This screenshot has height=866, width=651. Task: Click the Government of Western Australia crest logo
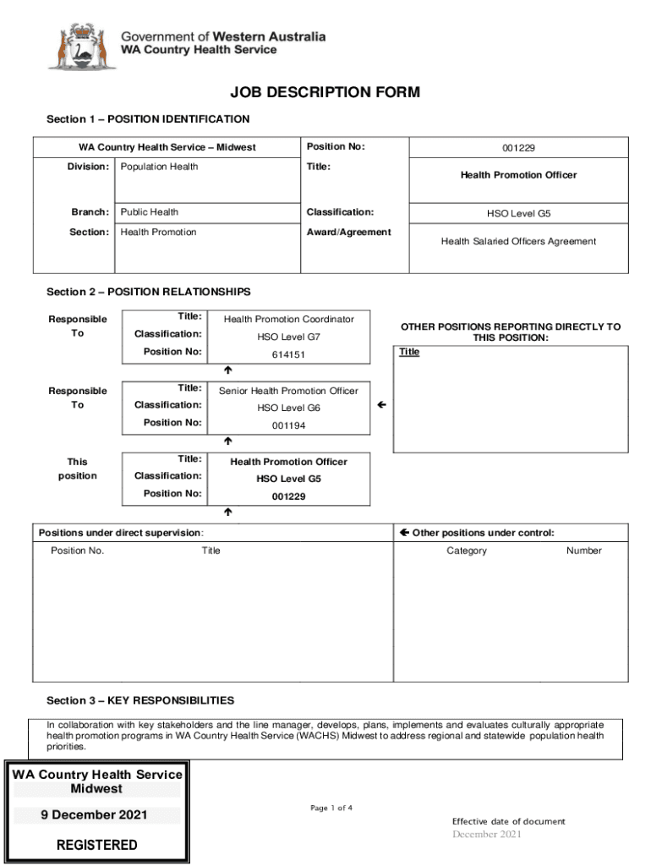(80, 46)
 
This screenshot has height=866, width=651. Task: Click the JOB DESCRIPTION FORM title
(325, 92)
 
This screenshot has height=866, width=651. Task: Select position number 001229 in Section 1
(518, 148)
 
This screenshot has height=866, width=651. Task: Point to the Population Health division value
(159, 167)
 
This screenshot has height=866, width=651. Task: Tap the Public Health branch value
(150, 212)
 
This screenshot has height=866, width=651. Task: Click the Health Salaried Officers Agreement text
(518, 242)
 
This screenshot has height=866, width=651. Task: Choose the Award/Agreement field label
(348, 233)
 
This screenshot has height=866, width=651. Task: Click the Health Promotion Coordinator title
(288, 320)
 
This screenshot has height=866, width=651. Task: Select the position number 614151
(288, 355)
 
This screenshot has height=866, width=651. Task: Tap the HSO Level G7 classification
(288, 337)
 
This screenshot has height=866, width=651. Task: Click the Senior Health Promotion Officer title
(288, 392)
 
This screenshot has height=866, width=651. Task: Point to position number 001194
(288, 426)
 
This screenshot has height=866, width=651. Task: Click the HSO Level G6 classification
(288, 408)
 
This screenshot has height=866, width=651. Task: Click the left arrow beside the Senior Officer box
(382, 406)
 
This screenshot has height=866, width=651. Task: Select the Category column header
(467, 551)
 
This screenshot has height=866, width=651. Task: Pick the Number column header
(583, 551)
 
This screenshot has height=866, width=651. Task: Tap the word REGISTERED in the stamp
(96, 845)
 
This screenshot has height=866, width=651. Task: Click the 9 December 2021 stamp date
(95, 815)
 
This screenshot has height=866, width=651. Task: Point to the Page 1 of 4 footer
(331, 808)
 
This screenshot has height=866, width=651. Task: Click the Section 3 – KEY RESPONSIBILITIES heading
(140, 701)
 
